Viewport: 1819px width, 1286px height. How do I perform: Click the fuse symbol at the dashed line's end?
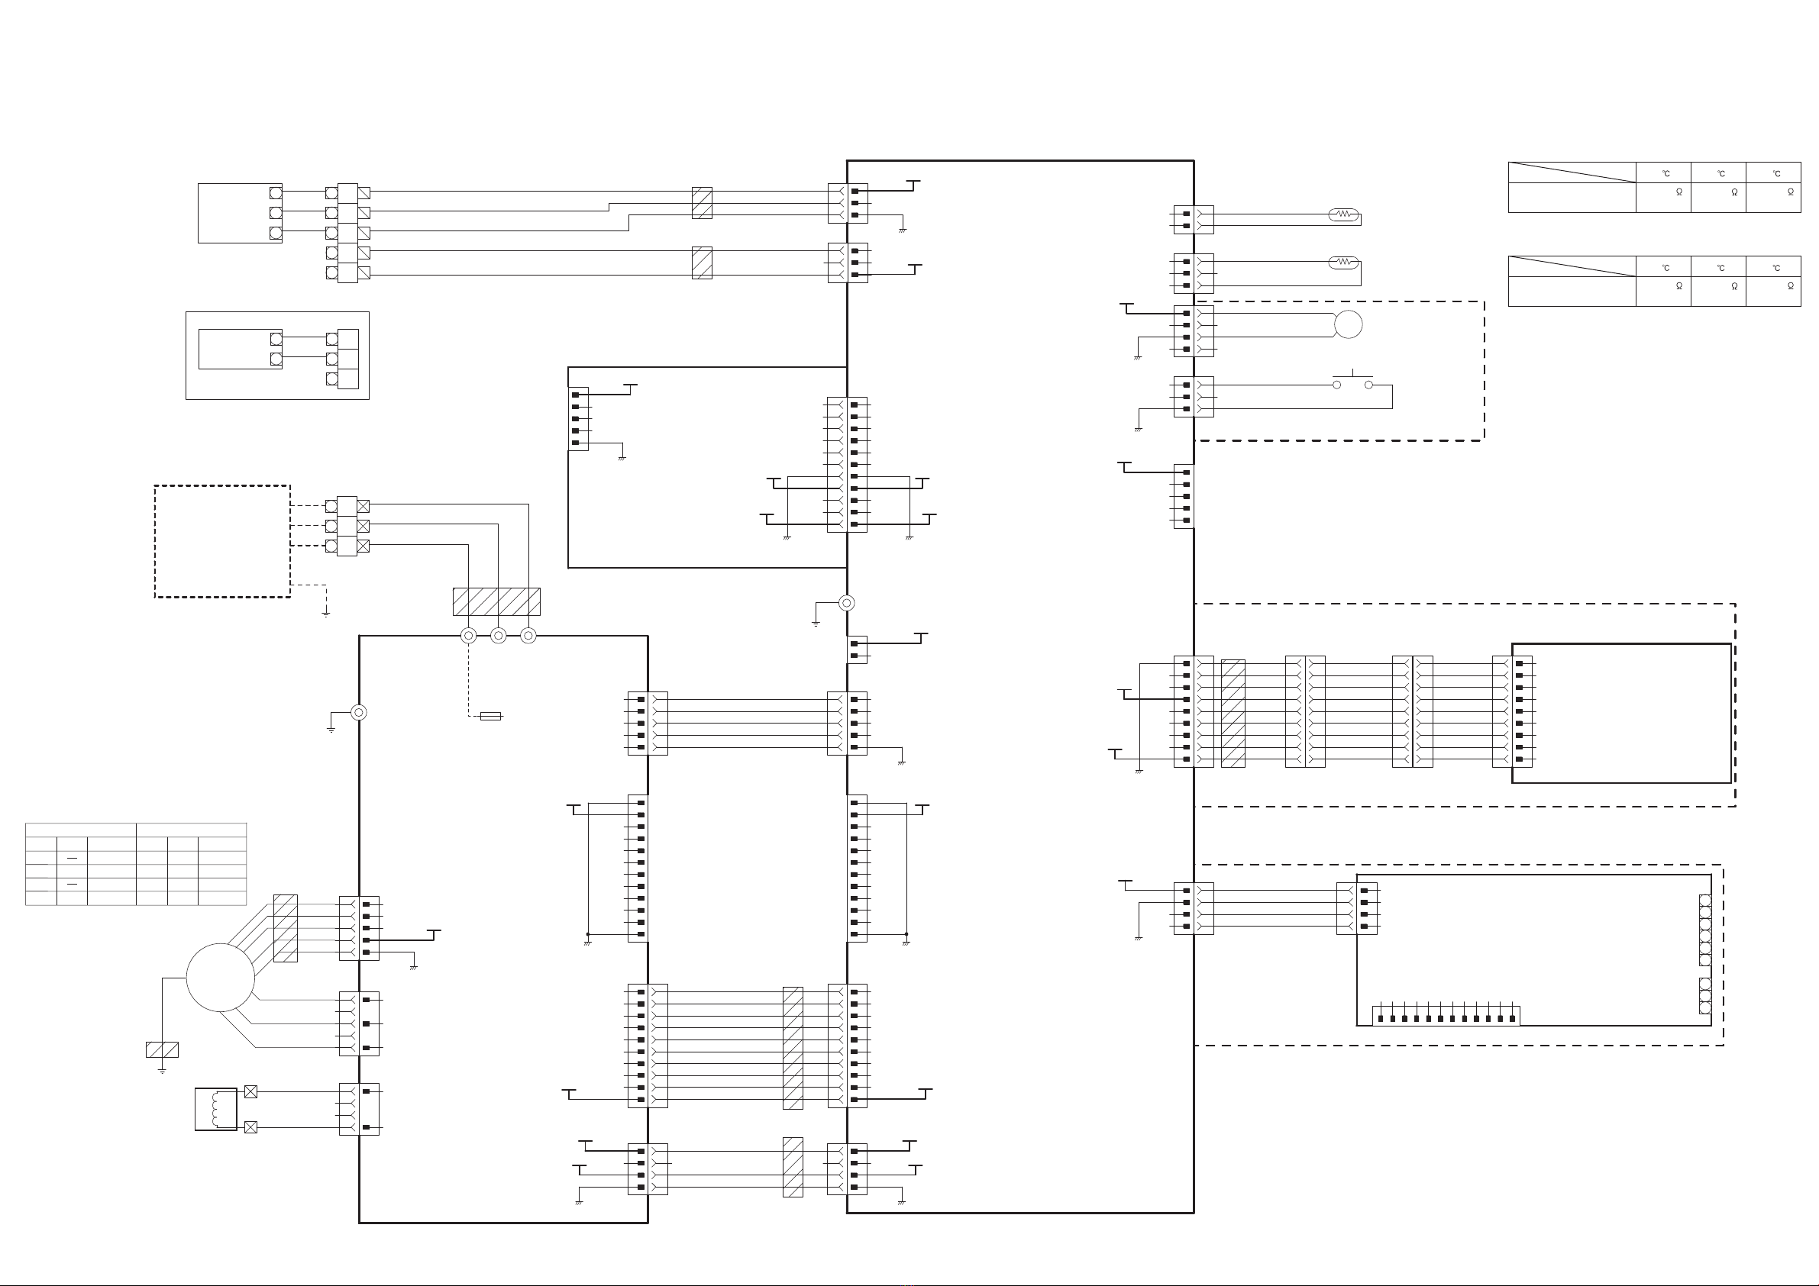[x=490, y=717]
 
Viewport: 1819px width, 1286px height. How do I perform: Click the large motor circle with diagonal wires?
[x=220, y=977]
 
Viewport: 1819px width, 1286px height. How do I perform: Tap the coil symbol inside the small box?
[x=216, y=1110]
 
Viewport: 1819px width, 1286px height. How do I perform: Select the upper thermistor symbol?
[x=1344, y=214]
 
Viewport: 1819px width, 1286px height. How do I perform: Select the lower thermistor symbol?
[x=1344, y=261]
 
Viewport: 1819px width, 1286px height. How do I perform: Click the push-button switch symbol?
[x=1352, y=381]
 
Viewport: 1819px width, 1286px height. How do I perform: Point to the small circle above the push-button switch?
[x=1349, y=324]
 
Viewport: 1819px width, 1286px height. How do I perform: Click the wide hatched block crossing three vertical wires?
[x=496, y=602]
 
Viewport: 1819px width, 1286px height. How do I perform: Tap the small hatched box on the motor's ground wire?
[x=163, y=1049]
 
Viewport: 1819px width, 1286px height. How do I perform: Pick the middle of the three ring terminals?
[x=499, y=635]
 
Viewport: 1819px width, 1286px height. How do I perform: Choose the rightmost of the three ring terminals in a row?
[x=528, y=635]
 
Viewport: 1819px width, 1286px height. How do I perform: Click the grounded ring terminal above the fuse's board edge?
[x=359, y=713]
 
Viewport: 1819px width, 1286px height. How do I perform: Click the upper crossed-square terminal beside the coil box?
[x=251, y=1092]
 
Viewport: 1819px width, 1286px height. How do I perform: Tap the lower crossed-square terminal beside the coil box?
[x=251, y=1126]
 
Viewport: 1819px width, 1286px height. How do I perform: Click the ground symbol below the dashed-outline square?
[x=325, y=614]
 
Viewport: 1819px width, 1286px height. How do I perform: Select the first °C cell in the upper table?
[x=1666, y=173]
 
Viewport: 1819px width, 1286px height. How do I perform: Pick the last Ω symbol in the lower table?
[x=1791, y=286]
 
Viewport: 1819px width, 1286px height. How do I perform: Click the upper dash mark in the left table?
[x=72, y=859]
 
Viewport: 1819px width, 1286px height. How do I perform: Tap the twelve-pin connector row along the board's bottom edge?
[x=1446, y=1016]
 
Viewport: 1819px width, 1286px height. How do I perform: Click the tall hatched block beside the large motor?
[x=285, y=928]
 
